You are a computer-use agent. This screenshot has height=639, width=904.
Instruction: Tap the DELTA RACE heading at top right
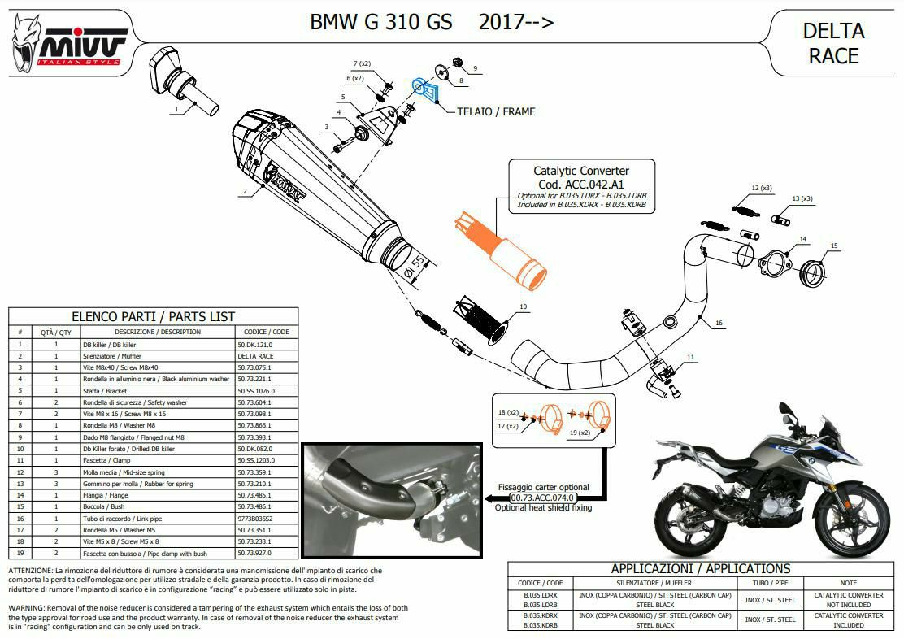[x=832, y=43]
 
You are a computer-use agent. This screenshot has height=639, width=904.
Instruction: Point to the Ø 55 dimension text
[x=416, y=266]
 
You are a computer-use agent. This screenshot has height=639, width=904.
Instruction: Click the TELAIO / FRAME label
[x=496, y=111]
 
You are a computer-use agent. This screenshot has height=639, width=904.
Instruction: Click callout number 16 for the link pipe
[x=719, y=323]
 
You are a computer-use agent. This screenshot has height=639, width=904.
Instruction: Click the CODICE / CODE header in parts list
[x=266, y=332]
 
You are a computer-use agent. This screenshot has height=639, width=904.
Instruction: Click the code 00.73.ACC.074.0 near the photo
[x=542, y=497]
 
